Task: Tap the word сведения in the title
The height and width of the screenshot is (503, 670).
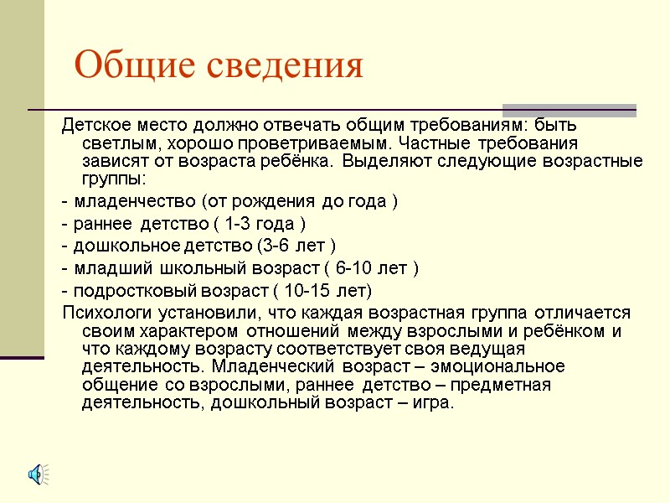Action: pos(282,65)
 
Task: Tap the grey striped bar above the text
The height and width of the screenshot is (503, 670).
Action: pos(569,110)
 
